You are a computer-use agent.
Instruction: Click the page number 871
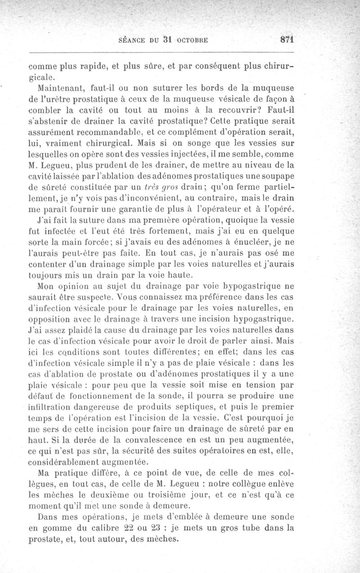tap(287, 39)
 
